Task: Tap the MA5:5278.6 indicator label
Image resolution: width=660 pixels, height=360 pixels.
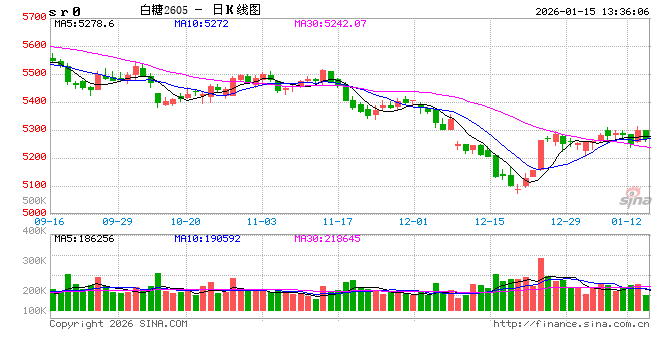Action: point(85,22)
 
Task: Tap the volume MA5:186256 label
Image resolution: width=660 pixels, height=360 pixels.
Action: point(87,238)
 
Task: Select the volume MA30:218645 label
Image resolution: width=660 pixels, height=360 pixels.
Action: point(332,238)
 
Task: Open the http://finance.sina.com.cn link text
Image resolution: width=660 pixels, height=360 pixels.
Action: point(570,324)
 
